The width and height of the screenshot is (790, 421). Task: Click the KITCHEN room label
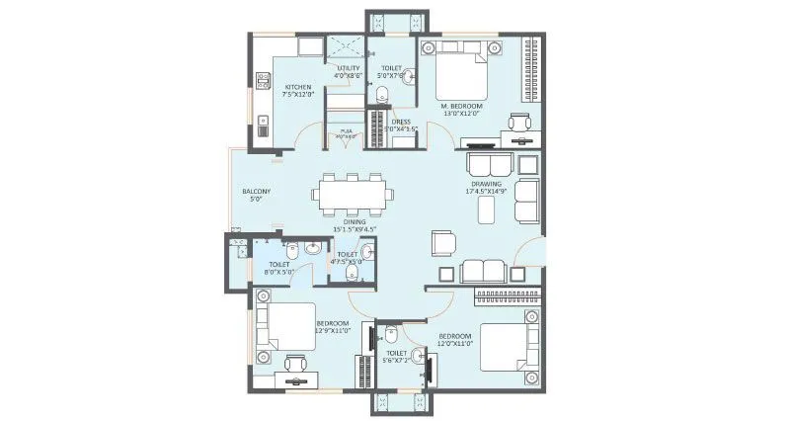(x=297, y=86)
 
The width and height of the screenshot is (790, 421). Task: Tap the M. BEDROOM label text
(x=460, y=105)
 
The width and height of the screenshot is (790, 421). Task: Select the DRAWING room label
(x=486, y=183)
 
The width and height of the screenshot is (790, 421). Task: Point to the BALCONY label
(x=256, y=192)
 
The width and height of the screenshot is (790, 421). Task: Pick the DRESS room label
(x=401, y=122)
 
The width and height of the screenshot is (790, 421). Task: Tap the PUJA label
(x=346, y=130)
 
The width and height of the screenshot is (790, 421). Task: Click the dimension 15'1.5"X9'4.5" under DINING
(x=355, y=230)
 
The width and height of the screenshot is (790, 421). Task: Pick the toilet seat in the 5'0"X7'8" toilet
(x=382, y=95)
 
